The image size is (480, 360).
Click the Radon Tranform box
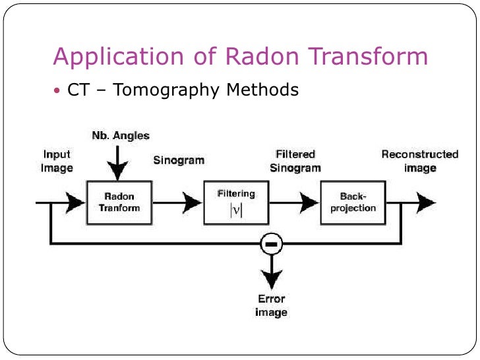coord(119,202)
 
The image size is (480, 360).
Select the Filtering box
coord(236,202)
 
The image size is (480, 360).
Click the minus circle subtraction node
coord(271,244)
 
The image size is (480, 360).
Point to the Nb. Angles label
coord(120,136)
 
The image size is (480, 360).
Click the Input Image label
coord(57,161)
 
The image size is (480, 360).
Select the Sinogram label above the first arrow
coord(179,160)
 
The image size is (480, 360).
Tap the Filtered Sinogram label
coord(295,161)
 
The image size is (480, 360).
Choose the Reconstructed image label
coord(420,161)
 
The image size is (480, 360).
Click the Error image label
coord(271,305)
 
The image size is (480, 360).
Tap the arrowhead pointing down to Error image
coord(271,278)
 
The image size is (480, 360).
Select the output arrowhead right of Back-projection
coord(425,202)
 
